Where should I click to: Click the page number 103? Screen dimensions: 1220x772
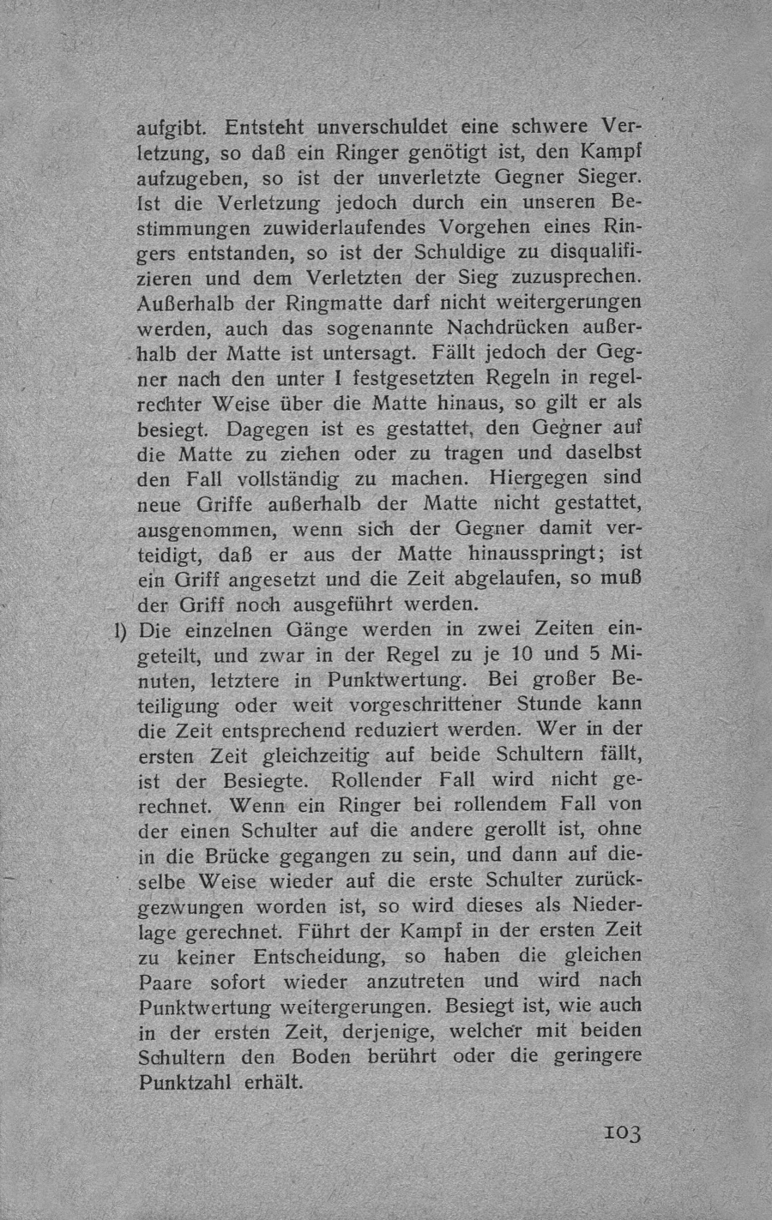coord(621,1133)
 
